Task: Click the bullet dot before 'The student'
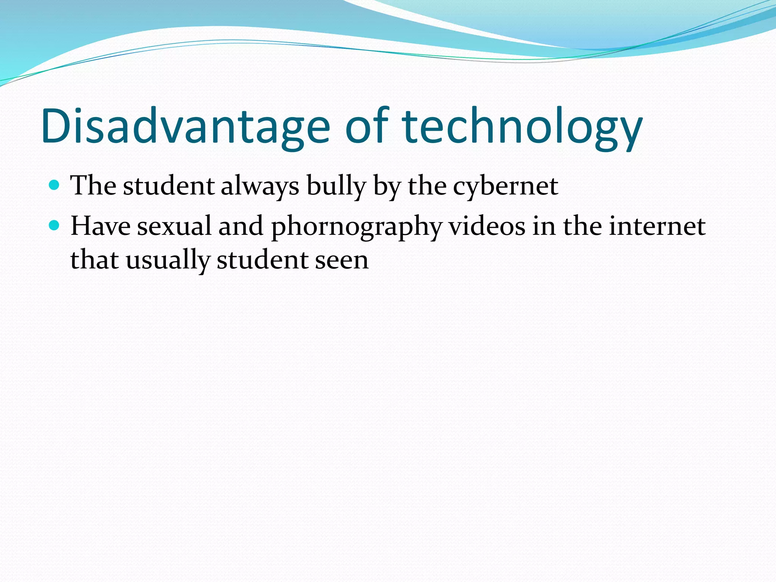(x=55, y=185)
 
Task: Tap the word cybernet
(x=505, y=186)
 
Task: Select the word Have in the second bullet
(x=100, y=226)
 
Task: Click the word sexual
(x=174, y=226)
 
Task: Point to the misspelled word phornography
(x=357, y=227)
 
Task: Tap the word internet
(x=657, y=226)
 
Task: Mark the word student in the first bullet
(x=169, y=186)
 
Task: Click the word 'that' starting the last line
(x=94, y=261)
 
